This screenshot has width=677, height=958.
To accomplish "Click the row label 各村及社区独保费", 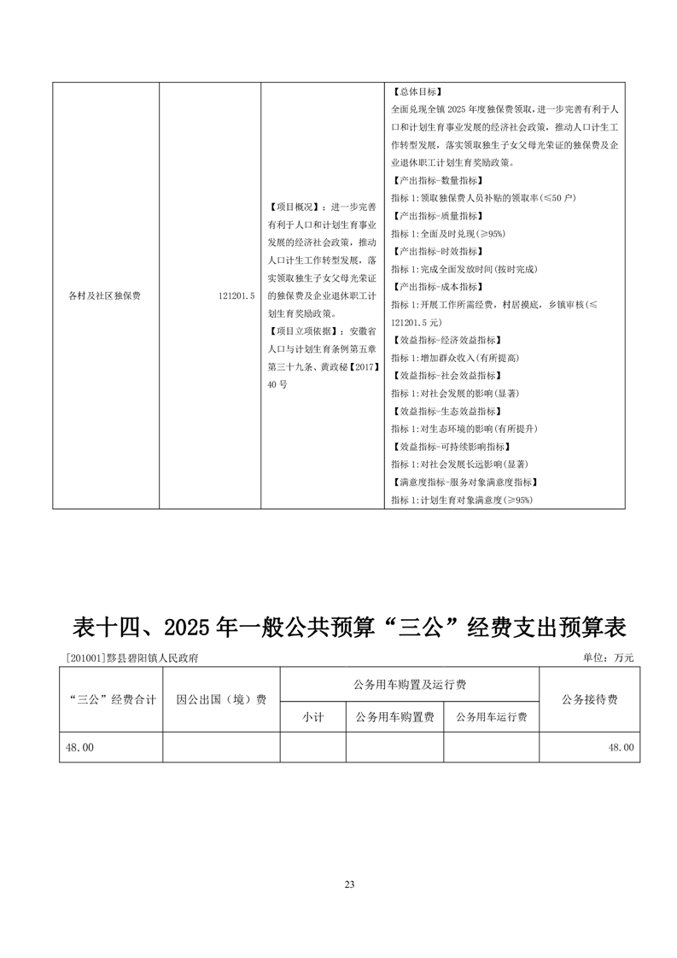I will [x=104, y=295].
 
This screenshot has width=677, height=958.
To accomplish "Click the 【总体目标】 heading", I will [x=416, y=92].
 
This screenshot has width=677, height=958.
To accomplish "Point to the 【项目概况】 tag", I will [x=293, y=207].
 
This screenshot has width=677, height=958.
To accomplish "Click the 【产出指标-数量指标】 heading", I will [x=435, y=180].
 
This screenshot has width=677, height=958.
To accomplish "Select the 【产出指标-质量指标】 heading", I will [x=435, y=215].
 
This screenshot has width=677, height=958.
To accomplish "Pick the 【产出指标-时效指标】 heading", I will [x=435, y=251].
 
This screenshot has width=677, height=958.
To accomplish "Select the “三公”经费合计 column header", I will [x=111, y=699].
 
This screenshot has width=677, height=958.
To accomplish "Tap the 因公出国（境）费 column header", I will [x=221, y=699].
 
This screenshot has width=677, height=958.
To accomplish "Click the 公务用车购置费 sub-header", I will [x=394, y=717].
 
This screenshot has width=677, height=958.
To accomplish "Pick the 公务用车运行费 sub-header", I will [x=491, y=717].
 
